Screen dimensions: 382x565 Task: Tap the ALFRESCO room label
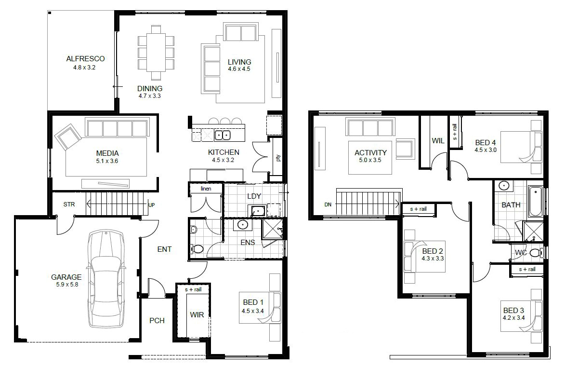click(x=85, y=59)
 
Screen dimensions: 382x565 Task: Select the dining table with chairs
click(x=156, y=52)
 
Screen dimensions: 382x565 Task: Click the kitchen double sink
click(x=222, y=135)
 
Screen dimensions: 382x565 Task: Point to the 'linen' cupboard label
click(x=206, y=189)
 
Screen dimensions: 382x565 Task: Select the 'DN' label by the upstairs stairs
click(x=328, y=205)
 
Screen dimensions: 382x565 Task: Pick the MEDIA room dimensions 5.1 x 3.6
click(x=106, y=161)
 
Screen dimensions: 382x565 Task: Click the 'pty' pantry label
click(x=278, y=158)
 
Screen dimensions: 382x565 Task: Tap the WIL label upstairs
click(x=438, y=141)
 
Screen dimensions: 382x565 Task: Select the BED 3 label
click(x=513, y=310)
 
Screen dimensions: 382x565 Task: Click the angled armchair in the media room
click(x=67, y=137)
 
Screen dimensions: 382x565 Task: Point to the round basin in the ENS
click(x=242, y=224)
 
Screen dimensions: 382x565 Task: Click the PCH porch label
click(x=157, y=320)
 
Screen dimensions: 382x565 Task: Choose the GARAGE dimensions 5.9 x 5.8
click(x=66, y=285)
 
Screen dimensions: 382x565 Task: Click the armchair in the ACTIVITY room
click(x=405, y=148)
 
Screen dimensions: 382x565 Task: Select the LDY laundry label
click(x=254, y=196)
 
